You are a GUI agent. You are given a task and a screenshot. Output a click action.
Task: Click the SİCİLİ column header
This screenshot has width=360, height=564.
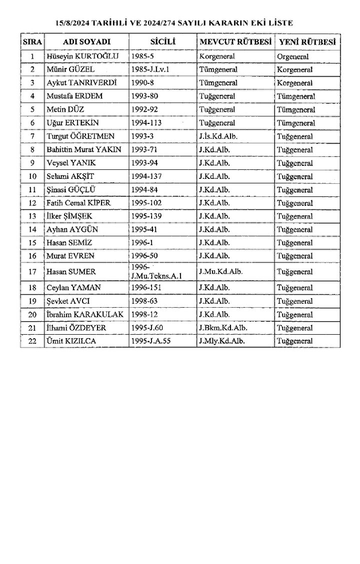[162, 41]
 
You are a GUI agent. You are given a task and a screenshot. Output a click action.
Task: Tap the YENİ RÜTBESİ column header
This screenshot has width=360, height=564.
[307, 41]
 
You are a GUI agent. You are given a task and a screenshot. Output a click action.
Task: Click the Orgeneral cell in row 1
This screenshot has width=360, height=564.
[292, 56]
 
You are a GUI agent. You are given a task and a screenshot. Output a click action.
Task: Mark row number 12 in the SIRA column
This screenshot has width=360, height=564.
[33, 203]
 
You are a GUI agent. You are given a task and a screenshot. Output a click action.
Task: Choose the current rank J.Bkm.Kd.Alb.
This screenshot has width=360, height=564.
[223, 328]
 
